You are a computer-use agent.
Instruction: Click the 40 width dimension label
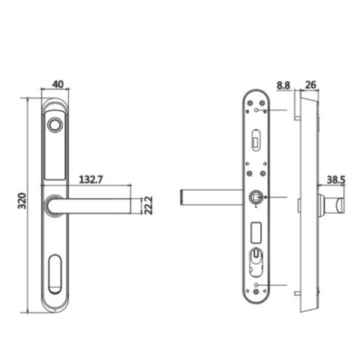[x=58, y=85]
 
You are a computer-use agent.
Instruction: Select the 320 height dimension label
[x=22, y=201]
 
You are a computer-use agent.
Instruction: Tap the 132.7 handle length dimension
[x=91, y=179]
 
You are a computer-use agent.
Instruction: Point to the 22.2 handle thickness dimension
[x=148, y=205]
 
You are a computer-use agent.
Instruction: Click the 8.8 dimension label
[x=283, y=85]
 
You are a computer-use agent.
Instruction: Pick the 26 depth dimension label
[x=310, y=85]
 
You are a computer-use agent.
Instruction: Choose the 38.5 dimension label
[x=336, y=180]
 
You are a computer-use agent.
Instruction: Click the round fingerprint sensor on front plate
[x=55, y=124]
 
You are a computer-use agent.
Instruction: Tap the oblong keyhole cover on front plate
[x=55, y=274]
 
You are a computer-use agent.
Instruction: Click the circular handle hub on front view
[x=53, y=205]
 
